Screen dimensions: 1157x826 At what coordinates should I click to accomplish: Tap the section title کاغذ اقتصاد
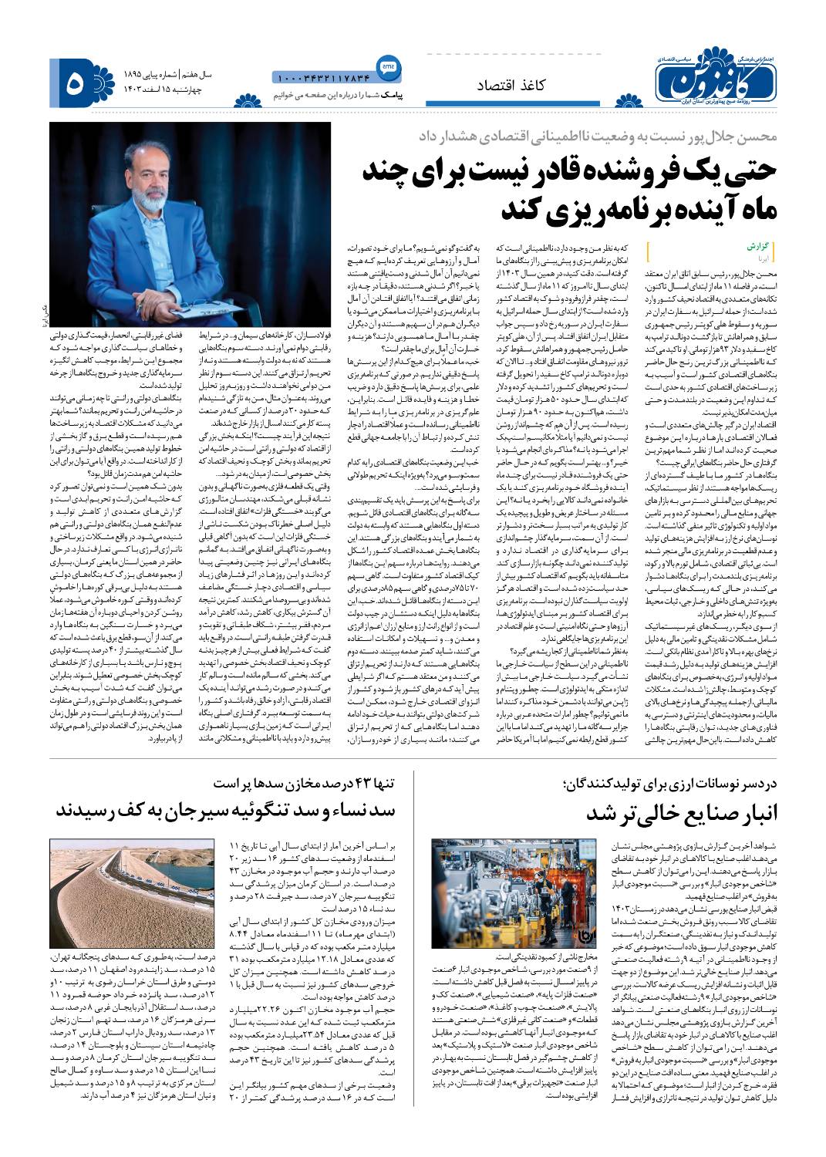(x=518, y=86)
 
